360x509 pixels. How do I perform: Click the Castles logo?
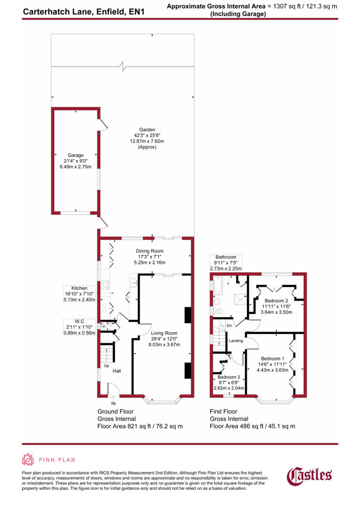tap(310, 475)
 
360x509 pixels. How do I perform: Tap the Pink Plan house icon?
tap(28, 460)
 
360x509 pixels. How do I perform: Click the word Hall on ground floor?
tap(116, 371)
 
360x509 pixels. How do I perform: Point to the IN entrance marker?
tap(113, 404)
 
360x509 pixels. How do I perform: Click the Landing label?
tap(236, 341)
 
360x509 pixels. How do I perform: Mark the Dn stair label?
tap(229, 325)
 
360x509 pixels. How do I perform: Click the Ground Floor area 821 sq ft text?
tap(140, 426)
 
